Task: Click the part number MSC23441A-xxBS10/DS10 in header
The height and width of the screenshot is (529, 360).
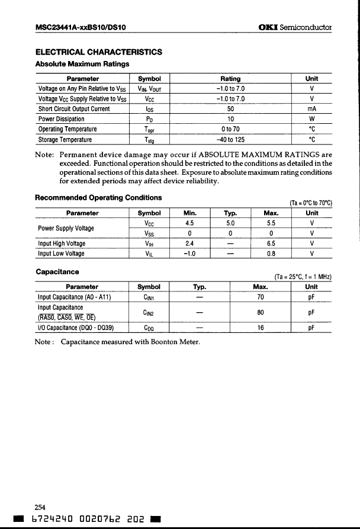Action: tap(83, 27)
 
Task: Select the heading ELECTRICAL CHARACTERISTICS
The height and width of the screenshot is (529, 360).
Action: tap(99, 52)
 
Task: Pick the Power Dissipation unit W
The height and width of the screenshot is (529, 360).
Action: tap(311, 119)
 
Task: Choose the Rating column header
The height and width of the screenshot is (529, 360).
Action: tap(230, 78)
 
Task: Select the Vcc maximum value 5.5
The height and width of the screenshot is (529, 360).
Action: tap(270, 223)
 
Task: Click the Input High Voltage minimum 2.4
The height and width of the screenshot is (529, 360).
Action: tap(190, 243)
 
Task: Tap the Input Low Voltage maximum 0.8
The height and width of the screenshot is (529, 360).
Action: tap(270, 254)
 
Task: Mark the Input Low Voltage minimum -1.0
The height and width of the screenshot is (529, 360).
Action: tap(190, 254)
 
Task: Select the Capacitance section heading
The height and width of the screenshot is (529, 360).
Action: tap(57, 272)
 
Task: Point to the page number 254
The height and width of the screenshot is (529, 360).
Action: tap(40, 507)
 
